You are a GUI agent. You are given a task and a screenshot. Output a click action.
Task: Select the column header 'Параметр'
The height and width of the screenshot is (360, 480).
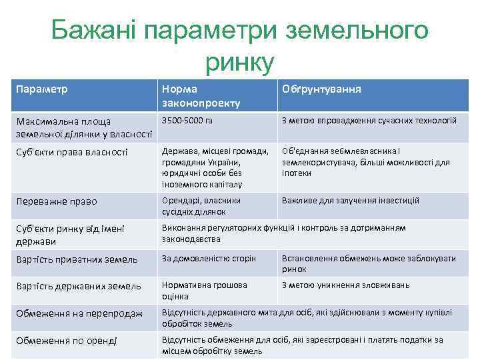coord(43,89)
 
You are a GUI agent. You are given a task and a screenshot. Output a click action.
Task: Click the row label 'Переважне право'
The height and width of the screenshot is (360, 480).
coord(57,201)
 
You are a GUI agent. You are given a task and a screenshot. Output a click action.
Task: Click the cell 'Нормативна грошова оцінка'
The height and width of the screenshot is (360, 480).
coord(195,291)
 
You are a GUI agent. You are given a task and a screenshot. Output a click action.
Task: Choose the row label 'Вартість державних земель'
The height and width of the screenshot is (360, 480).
coord(79,286)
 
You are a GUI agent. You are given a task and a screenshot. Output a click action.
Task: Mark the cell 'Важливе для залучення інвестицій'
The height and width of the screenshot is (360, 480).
coord(351,200)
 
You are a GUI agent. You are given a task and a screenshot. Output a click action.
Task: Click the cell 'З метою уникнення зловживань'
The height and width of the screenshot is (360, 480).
coord(345,285)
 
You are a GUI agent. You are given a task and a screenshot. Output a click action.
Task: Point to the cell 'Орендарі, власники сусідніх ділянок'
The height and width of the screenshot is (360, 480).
coord(201,206)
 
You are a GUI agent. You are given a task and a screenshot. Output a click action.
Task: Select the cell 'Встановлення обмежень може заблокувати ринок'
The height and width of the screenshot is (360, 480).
coord(369,263)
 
